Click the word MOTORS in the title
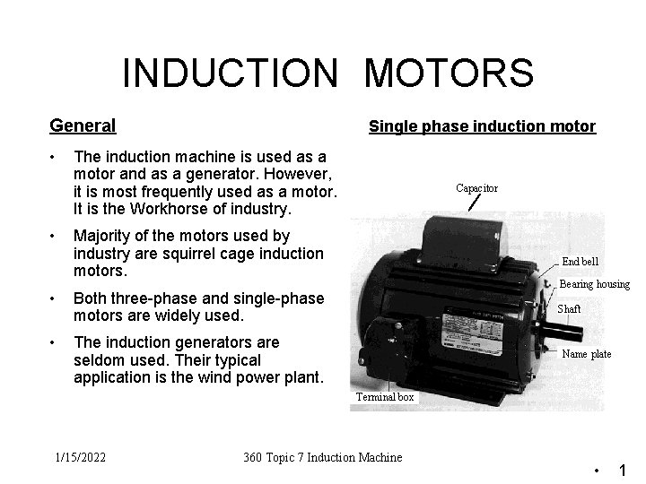[x=449, y=73]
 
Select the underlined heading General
[x=83, y=126]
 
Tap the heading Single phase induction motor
[x=482, y=126]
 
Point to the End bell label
[x=580, y=262]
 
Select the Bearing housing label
[x=594, y=284]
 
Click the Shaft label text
[x=569, y=308]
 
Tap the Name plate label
[x=586, y=354]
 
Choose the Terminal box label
[x=385, y=396]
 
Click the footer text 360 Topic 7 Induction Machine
[x=323, y=457]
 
